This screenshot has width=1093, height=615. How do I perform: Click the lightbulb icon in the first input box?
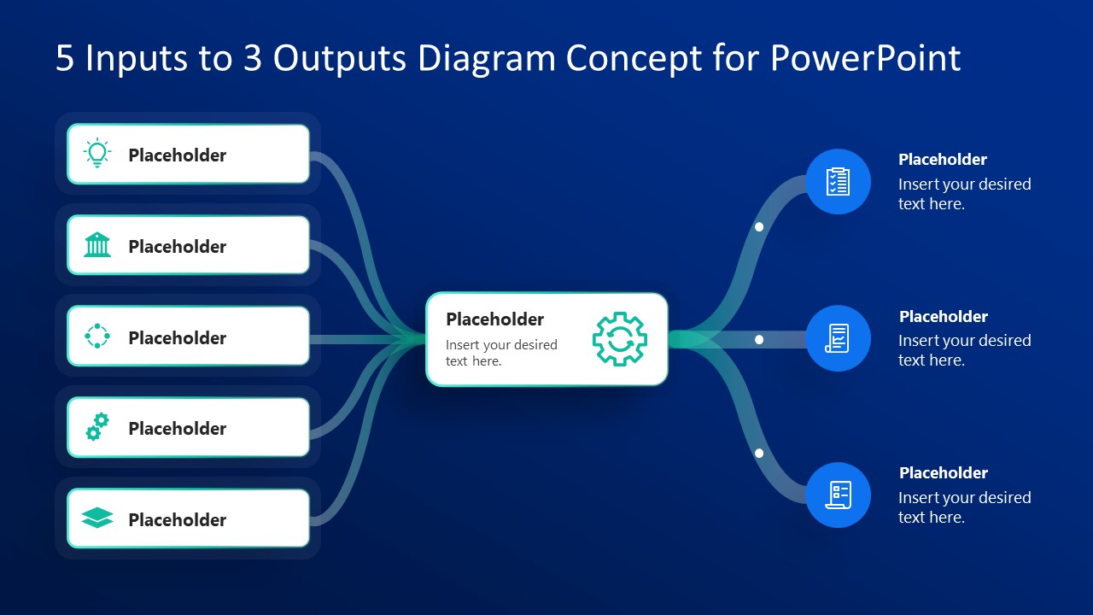pyautogui.click(x=97, y=154)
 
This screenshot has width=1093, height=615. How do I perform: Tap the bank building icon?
pyautogui.click(x=97, y=245)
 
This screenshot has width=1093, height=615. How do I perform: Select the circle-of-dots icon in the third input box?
pyautogui.click(x=97, y=337)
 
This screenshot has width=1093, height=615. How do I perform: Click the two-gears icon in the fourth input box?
pyautogui.click(x=97, y=427)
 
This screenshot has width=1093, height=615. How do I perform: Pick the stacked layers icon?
pyautogui.click(x=97, y=518)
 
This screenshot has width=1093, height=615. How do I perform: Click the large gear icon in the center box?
pyautogui.click(x=620, y=339)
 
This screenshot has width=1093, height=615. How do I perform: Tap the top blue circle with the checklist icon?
pyautogui.click(x=838, y=181)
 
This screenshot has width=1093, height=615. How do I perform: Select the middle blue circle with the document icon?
pyautogui.click(x=838, y=338)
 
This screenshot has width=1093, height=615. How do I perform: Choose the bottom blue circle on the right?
pyautogui.click(x=838, y=495)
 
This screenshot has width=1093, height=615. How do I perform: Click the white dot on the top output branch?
pyautogui.click(x=759, y=227)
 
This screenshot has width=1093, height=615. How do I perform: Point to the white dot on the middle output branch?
pyautogui.click(x=759, y=340)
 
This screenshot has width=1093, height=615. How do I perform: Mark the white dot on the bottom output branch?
pyautogui.click(x=759, y=454)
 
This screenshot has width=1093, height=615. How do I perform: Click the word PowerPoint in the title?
pyautogui.click(x=865, y=58)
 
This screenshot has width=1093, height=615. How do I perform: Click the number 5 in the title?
pyautogui.click(x=65, y=58)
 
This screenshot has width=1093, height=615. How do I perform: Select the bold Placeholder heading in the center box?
pyautogui.click(x=494, y=319)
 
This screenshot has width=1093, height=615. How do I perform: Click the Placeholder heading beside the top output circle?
pyautogui.click(x=942, y=160)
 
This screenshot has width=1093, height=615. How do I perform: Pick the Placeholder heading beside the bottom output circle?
pyautogui.click(x=943, y=473)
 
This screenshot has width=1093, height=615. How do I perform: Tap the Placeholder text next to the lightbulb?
pyautogui.click(x=177, y=155)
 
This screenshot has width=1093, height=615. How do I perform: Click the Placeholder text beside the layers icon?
pyautogui.click(x=177, y=520)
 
